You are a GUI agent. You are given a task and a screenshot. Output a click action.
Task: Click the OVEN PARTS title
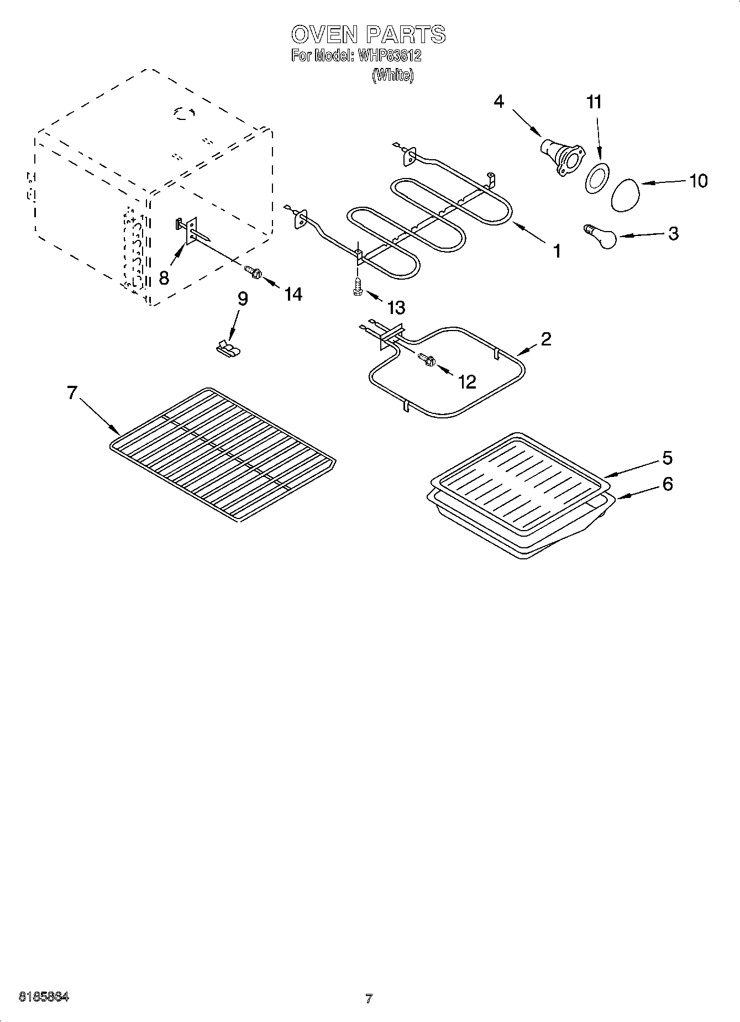(x=368, y=35)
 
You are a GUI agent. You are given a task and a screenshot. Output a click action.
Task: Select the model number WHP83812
(x=390, y=56)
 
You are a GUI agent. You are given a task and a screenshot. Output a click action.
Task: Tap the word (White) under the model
(x=393, y=75)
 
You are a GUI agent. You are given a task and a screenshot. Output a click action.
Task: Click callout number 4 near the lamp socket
(x=499, y=102)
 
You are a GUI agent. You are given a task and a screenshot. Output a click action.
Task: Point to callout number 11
(x=594, y=102)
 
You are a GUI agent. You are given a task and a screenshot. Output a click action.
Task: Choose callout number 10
(x=699, y=181)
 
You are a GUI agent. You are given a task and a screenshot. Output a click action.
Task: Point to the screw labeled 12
(x=427, y=360)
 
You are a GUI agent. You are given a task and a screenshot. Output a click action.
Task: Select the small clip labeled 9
(x=228, y=348)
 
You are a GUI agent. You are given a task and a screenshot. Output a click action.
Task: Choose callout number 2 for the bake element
(x=545, y=339)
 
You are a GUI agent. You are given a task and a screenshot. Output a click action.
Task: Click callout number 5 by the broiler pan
(x=667, y=458)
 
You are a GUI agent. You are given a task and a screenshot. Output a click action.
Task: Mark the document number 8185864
(x=44, y=998)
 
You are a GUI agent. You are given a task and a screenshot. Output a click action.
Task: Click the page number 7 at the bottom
(x=369, y=999)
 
